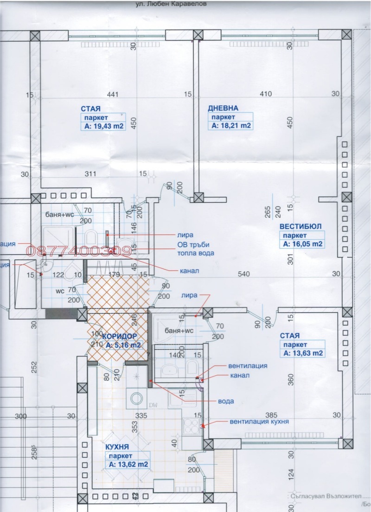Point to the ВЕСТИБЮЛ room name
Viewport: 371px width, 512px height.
300,227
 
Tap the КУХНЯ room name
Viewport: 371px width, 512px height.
117,447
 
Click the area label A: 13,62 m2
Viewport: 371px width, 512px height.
128,464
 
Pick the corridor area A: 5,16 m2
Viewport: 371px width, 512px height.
122,346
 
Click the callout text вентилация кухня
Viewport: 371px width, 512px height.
260,422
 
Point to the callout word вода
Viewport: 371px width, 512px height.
225,401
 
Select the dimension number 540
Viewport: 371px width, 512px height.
243,274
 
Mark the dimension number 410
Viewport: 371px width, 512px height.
265,95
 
